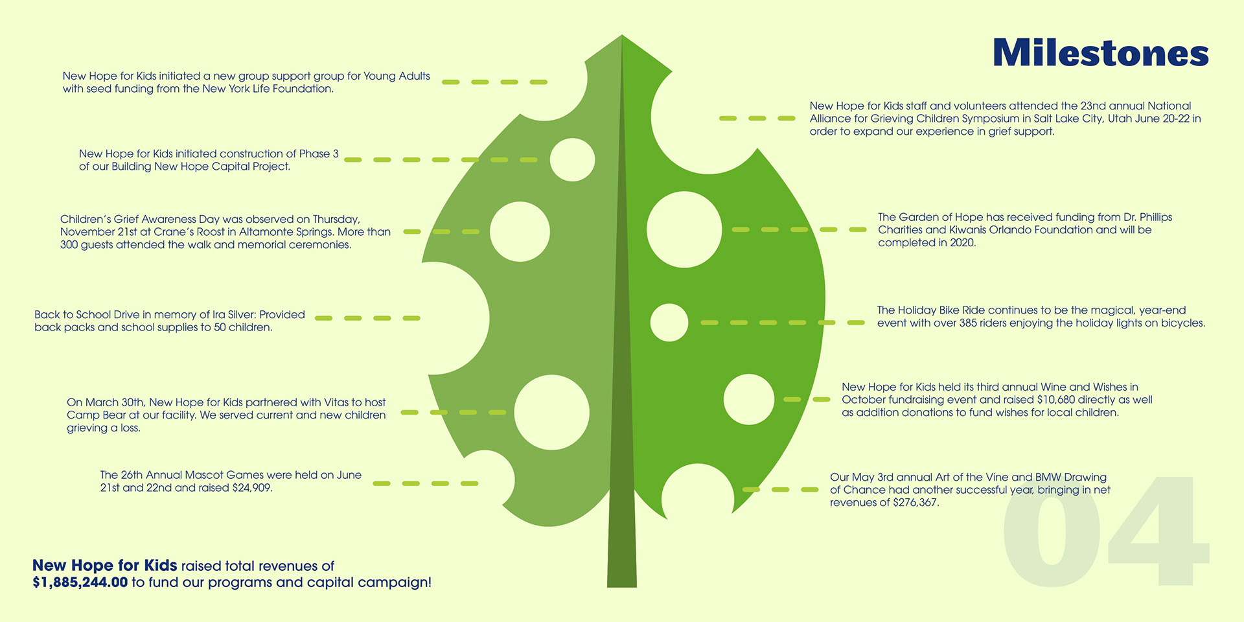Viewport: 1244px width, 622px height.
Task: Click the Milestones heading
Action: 1100,53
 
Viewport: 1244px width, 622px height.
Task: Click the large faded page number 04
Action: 1105,531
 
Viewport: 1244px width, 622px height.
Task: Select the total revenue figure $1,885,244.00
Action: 80,582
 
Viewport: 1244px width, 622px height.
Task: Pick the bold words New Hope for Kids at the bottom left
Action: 104,566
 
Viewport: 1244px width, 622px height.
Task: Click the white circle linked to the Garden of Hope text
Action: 684,229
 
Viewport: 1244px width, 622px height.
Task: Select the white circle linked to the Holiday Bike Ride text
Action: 669,323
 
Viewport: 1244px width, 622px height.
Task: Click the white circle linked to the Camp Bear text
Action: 551,412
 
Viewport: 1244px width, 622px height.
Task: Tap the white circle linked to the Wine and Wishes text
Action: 748,399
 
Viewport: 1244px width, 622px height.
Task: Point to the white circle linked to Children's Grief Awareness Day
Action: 520,231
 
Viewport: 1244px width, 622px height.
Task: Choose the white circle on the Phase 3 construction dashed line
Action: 572,159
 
